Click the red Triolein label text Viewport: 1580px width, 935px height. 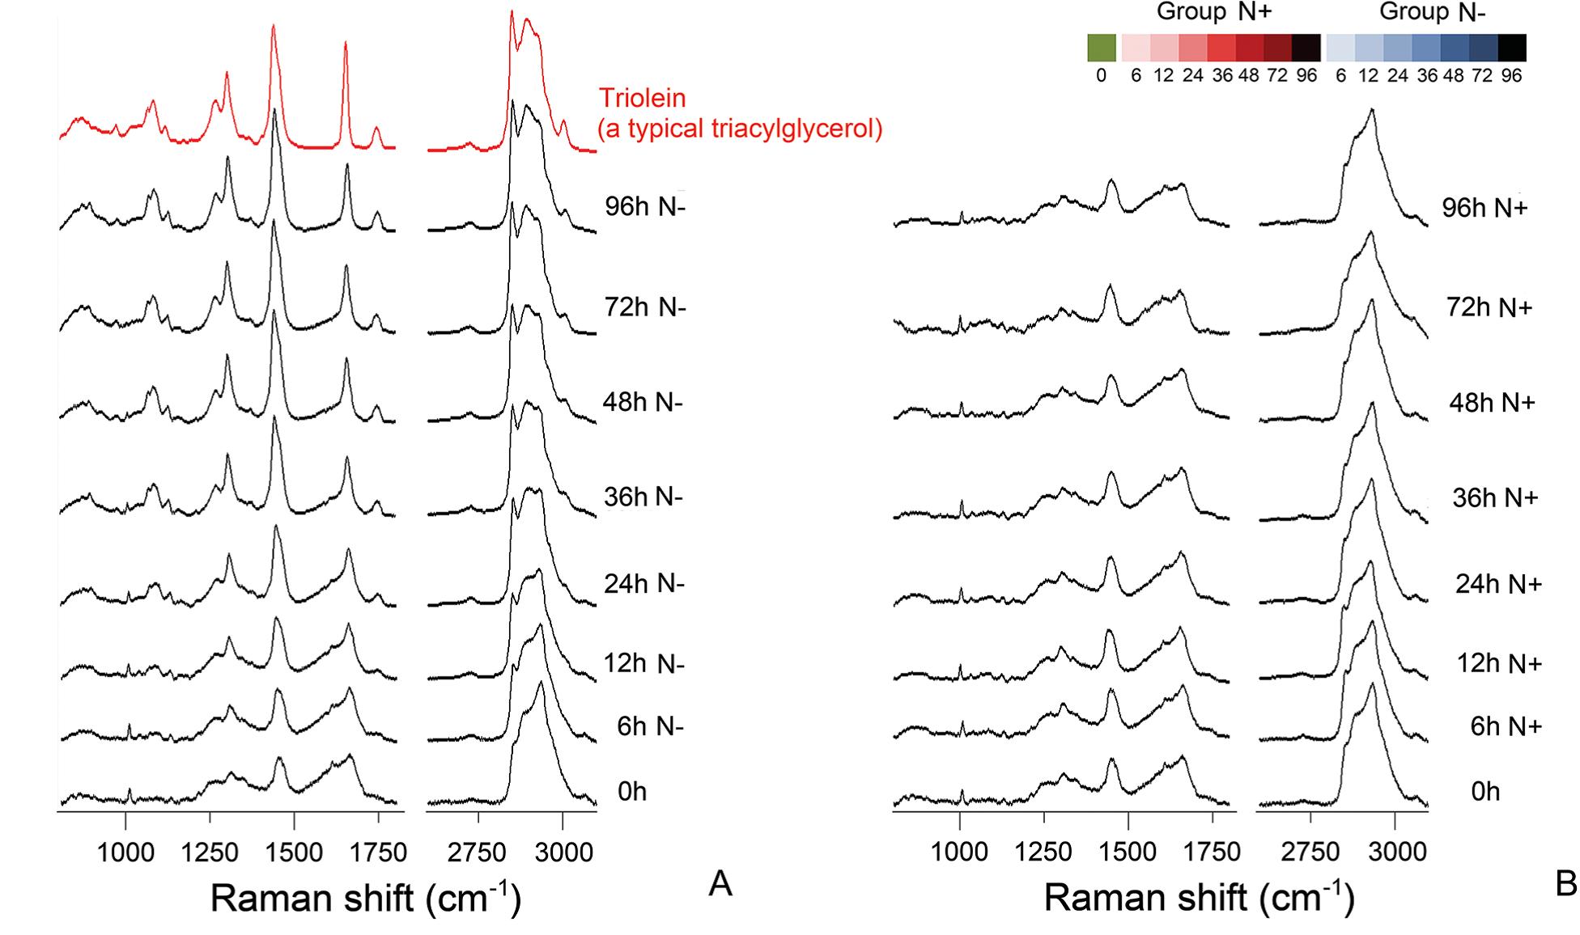pos(642,99)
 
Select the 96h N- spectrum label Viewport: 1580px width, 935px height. pos(645,207)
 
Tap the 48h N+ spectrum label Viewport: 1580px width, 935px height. pos(1492,403)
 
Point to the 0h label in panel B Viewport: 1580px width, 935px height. pos(1485,791)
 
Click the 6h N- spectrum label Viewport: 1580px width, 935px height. pos(650,726)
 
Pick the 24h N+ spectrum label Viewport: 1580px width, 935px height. pos(1498,584)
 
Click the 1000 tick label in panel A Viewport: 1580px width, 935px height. pos(125,853)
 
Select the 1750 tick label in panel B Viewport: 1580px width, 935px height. pos(1212,853)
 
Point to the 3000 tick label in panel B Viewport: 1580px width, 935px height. pos(1395,853)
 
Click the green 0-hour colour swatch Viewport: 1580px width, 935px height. pos(1102,48)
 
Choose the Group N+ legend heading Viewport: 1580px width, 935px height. pos(1213,12)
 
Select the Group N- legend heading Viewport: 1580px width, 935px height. pos(1433,12)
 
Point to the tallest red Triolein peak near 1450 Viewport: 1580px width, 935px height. pos(273,28)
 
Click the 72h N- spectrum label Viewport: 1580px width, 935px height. pos(645,307)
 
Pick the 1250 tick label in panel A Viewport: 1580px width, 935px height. pos(210,853)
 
